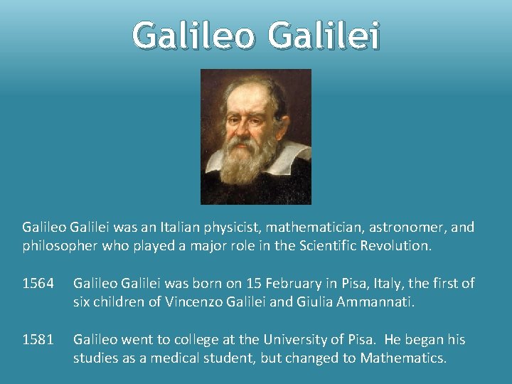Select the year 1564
(38, 284)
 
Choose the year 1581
(38, 341)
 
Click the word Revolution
(394, 246)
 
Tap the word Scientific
(302, 246)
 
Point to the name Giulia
(289, 302)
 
